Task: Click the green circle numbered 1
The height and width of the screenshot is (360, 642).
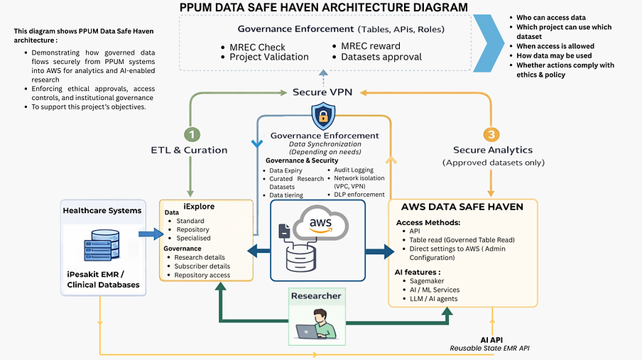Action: (x=190, y=133)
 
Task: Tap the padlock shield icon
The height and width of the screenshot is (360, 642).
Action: (x=323, y=116)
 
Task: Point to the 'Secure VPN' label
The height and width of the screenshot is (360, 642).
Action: (x=323, y=92)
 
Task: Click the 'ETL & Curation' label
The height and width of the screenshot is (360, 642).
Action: (x=190, y=150)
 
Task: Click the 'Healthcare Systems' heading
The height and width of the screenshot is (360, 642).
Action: (x=102, y=210)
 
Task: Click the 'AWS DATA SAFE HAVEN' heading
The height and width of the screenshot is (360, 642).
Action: (x=462, y=207)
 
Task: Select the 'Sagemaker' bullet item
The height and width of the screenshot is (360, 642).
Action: (x=427, y=280)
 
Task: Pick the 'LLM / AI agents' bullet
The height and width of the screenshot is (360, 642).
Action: (x=434, y=299)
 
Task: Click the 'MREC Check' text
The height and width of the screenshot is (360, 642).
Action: (x=252, y=48)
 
